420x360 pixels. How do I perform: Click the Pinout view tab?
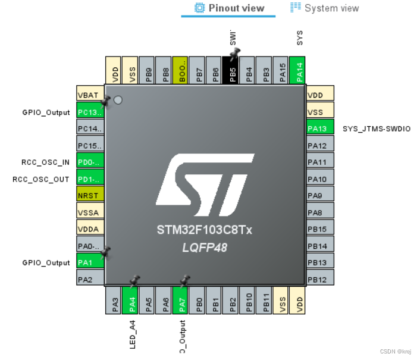(x=228, y=8)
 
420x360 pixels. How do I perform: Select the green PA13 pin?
(x=320, y=129)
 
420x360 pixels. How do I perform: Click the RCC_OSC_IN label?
(x=41, y=162)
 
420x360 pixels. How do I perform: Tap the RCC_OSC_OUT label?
(x=41, y=179)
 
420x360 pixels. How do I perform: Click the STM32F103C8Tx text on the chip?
(x=205, y=230)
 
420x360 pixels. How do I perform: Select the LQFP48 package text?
(x=205, y=247)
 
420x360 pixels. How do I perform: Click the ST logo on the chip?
(x=205, y=185)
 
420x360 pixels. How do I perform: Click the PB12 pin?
(x=320, y=279)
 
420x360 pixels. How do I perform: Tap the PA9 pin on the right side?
(x=320, y=195)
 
